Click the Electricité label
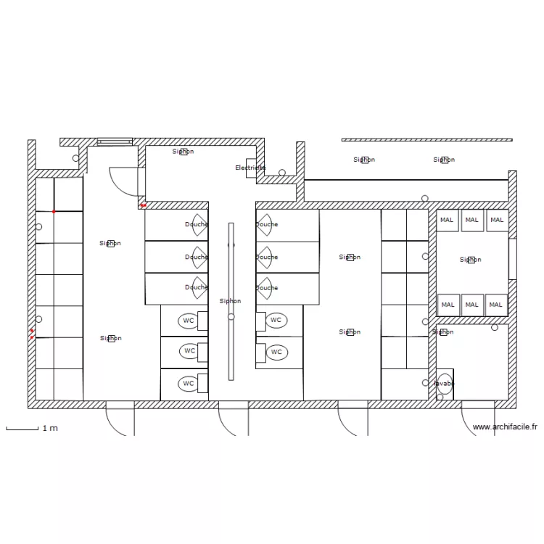point(250,168)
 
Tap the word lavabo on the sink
point(444,383)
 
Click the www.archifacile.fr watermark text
point(505,427)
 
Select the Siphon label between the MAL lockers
point(470,260)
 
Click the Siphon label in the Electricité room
point(183,152)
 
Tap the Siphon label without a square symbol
point(230,301)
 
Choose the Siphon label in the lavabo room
point(442,332)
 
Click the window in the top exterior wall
point(115,142)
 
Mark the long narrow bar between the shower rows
point(231,301)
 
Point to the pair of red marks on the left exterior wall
point(32,334)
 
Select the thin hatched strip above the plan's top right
point(426,140)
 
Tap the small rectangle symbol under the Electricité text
point(251,163)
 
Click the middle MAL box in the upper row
point(472,220)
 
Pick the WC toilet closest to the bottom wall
point(189,383)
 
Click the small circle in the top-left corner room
point(75,158)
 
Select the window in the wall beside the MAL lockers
point(512,259)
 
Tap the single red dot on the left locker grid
point(54,211)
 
